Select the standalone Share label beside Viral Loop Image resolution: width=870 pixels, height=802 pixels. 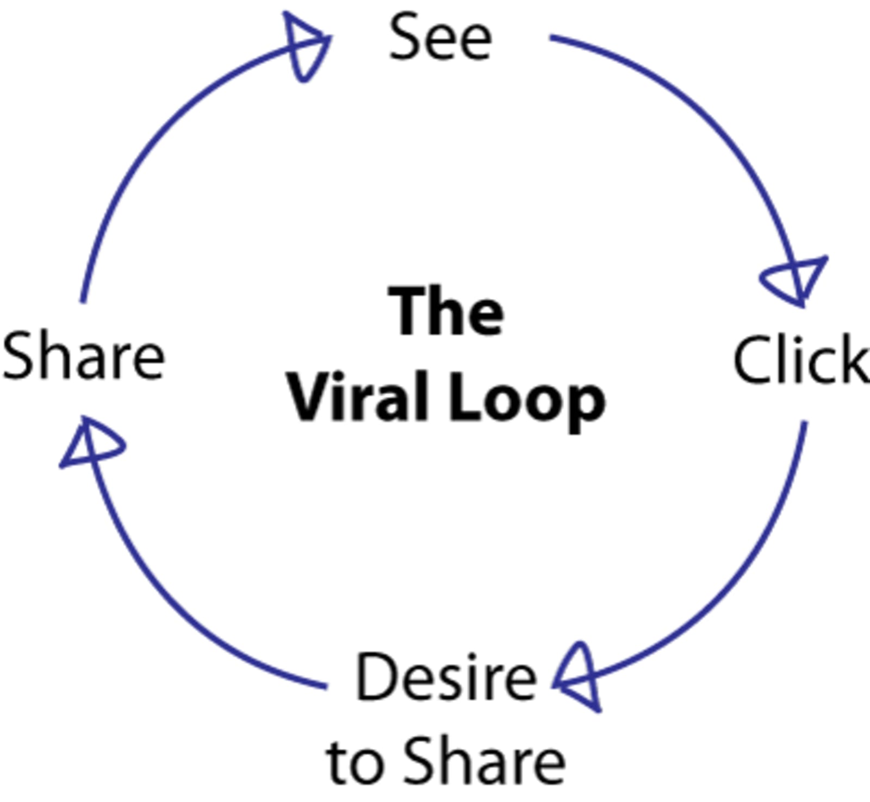pyautogui.click(x=83, y=357)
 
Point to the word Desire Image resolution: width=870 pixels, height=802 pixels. pyautogui.click(x=446, y=678)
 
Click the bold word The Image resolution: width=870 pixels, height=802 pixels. pyautogui.click(x=446, y=311)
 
